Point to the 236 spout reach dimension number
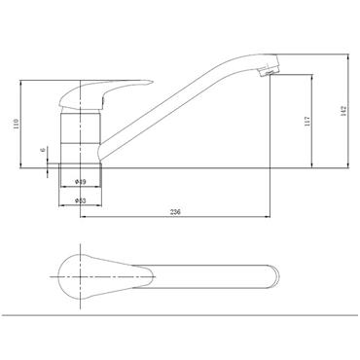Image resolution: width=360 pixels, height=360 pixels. click(175, 211)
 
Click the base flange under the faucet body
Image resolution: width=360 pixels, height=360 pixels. click(81, 168)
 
